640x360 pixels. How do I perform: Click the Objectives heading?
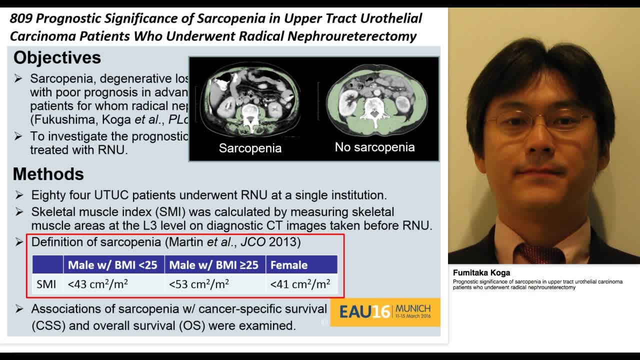pos(57,58)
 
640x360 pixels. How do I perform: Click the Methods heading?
pos(48,174)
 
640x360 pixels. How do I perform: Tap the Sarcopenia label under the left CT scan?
pos(250,148)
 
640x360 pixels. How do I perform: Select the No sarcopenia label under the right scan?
pos(374,147)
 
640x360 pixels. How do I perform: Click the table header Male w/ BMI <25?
pos(112,265)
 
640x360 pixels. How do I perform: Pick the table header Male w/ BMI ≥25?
pos(213,265)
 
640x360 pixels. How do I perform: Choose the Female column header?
pos(289,265)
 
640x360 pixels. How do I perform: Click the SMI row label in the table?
pos(46,284)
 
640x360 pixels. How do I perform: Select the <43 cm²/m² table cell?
pos(98,284)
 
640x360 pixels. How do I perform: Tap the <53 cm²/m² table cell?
pos(199,284)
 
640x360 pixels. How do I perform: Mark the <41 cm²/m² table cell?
pos(300,284)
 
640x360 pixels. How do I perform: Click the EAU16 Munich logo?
pos(385,312)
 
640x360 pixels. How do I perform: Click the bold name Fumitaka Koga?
pos(481,273)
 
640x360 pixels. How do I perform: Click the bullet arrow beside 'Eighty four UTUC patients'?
pos(19,195)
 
